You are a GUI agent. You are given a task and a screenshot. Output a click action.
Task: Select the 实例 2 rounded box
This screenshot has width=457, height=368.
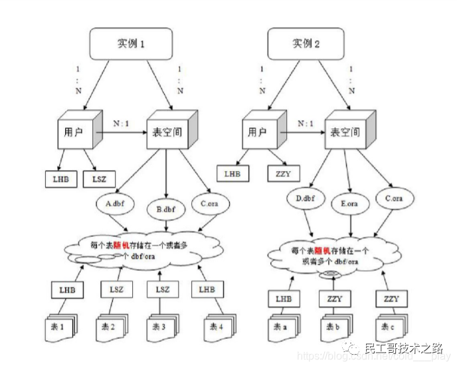pos(306,44)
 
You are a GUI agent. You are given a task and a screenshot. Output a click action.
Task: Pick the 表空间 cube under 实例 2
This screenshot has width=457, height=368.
pos(346,131)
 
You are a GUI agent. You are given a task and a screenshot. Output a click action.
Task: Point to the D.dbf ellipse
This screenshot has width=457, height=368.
pos(305,198)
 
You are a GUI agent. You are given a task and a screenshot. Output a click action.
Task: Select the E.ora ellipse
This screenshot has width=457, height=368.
pos(349,204)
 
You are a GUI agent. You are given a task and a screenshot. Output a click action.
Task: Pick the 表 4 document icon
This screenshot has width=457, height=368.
pos(218,327)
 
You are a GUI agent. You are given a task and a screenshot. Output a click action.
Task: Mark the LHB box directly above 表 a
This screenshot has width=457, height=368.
pos(284,299)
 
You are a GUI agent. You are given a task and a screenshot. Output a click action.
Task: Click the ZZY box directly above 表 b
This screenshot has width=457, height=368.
pos(334,299)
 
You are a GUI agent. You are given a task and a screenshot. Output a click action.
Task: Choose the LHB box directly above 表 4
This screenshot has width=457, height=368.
pos(206,289)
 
